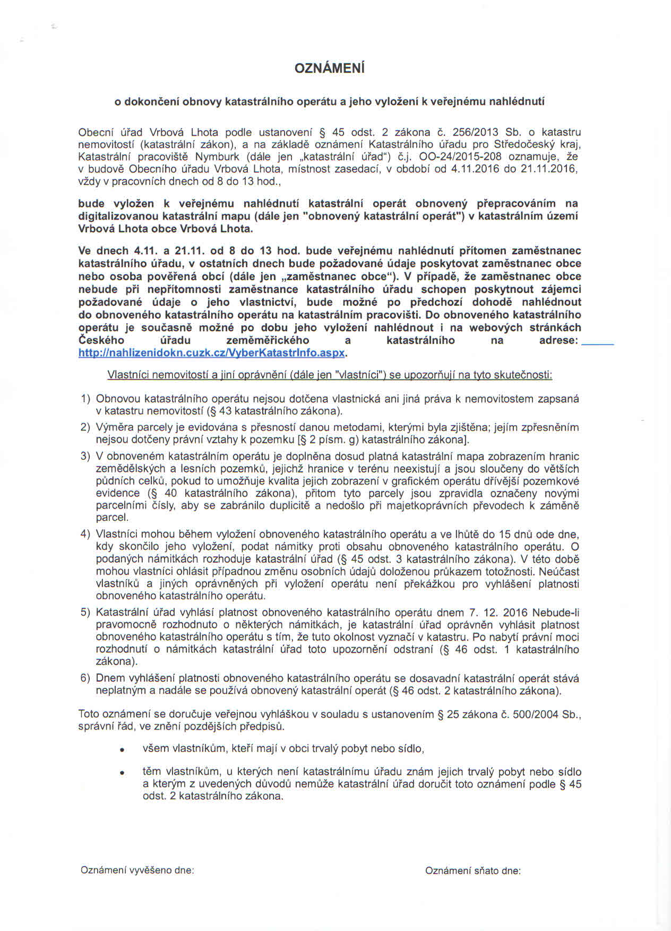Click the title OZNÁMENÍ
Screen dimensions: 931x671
[330, 69]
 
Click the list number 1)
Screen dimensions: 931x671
[85, 399]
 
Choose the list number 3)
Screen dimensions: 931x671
[85, 456]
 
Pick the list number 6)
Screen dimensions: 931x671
[85, 679]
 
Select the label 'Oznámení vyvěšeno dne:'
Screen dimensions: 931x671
[137, 870]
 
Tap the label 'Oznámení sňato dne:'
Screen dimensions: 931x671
[472, 871]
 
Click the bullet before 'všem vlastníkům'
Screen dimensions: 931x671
[122, 750]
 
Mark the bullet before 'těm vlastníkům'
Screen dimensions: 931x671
[122, 773]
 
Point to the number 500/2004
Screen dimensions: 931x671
[535, 714]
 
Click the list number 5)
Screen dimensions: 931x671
[85, 612]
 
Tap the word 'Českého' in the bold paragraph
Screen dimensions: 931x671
[101, 341]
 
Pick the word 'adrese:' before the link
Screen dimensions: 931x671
[558, 341]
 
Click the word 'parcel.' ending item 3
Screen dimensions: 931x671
[112, 517]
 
